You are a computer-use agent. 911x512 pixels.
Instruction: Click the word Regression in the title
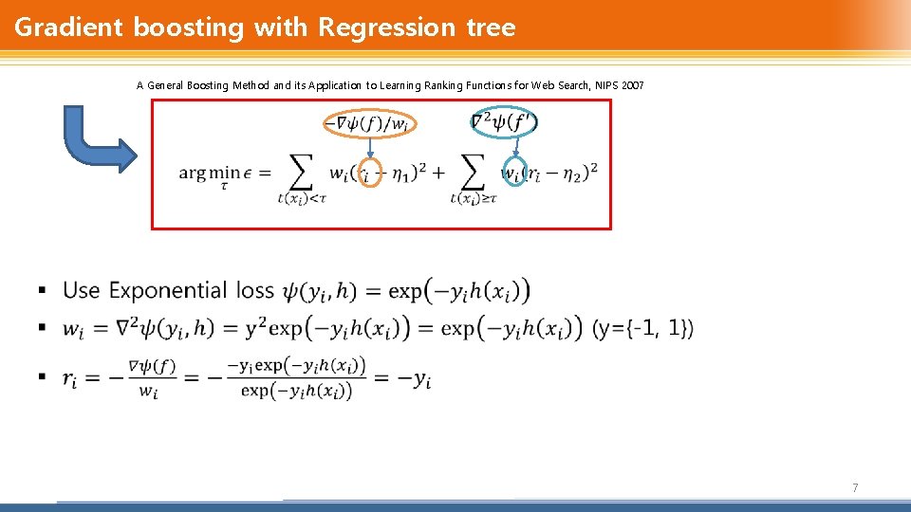tap(387, 27)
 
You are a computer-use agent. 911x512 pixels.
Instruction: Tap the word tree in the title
tap(491, 27)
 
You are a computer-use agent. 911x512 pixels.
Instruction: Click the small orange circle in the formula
tap(371, 173)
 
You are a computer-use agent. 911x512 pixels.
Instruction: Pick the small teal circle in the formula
tap(513, 173)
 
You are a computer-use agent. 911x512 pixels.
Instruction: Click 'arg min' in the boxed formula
tap(210, 173)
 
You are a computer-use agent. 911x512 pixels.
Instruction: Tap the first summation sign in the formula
tap(300, 173)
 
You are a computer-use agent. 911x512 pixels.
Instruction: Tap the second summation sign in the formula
tap(472, 173)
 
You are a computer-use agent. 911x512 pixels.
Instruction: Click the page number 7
tap(855, 487)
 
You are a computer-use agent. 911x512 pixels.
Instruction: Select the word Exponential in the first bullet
tap(168, 290)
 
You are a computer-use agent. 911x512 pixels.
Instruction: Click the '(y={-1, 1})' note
tap(643, 328)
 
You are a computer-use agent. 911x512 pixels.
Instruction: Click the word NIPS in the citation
tap(606, 85)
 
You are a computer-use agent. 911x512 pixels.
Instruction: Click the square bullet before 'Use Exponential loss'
tap(42, 289)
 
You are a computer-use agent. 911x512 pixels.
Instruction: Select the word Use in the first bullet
tap(82, 290)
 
